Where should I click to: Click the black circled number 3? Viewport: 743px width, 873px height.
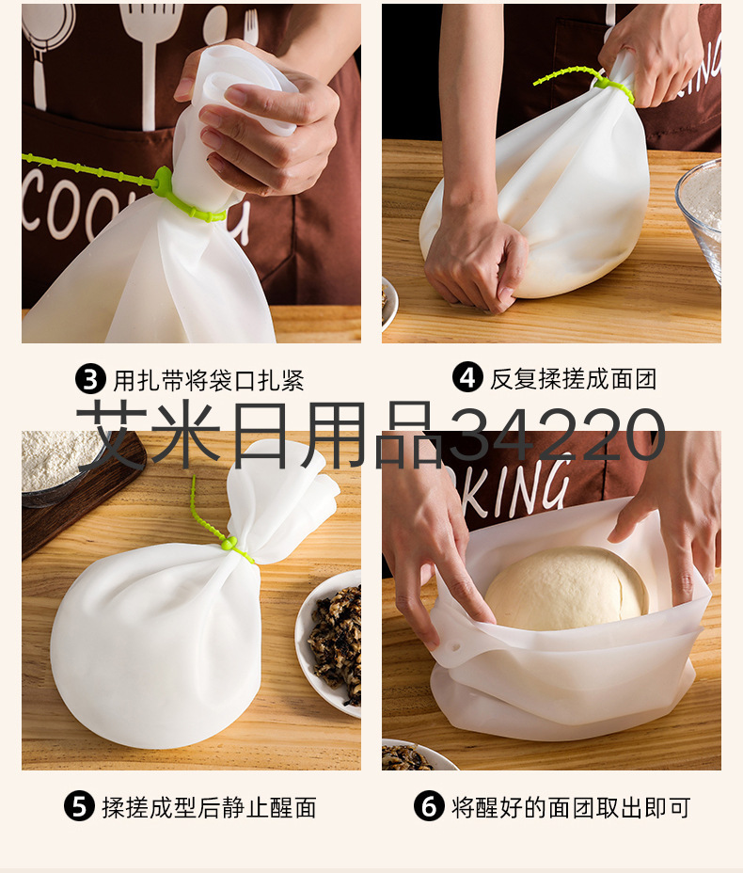point(90,379)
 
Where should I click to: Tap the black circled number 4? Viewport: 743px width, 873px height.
point(466,377)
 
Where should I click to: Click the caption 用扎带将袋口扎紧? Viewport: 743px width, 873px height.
point(210,380)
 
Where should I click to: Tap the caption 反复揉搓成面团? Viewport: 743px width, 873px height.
point(574,378)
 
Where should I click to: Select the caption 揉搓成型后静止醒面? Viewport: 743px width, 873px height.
point(210,807)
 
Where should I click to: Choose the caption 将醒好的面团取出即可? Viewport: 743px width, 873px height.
point(571,807)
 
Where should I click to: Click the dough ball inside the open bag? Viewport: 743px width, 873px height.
point(566,589)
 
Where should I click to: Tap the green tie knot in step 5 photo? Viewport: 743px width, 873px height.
point(229,542)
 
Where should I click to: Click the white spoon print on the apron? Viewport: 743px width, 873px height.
point(214,24)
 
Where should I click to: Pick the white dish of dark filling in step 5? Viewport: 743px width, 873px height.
point(328,643)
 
